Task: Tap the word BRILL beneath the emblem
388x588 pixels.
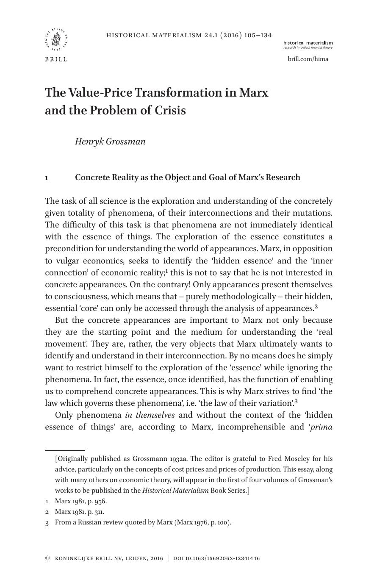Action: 56,59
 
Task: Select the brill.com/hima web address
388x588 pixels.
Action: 308,59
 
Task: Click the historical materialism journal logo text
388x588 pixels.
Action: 308,43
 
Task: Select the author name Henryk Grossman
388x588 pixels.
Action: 110,141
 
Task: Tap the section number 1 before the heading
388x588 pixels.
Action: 47,178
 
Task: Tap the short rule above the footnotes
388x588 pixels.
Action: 65,450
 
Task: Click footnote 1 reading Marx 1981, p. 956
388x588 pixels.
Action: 80,501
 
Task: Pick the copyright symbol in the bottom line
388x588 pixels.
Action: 47,558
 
